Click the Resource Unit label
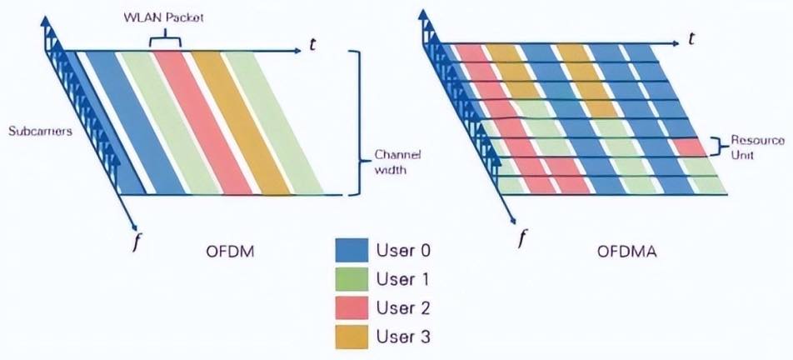pyautogui.click(x=758, y=147)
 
